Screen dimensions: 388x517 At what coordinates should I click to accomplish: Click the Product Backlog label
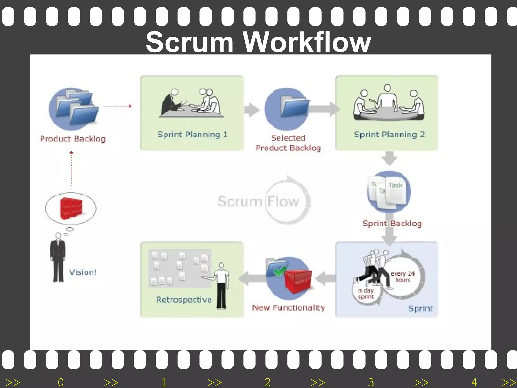coord(73,139)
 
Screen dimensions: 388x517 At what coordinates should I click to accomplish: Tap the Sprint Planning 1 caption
coord(192,134)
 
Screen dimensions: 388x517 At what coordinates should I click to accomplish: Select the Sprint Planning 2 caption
coord(389,134)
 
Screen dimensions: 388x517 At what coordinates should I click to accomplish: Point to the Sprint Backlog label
coord(392,223)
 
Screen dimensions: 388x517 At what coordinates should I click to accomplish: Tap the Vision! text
coord(83,272)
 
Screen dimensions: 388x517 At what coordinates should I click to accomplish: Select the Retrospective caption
coord(184,300)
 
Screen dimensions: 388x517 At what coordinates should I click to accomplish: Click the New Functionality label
coord(288,307)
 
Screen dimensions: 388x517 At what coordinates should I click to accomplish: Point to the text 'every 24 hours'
coord(403,277)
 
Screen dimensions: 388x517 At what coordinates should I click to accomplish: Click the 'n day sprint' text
coord(366,294)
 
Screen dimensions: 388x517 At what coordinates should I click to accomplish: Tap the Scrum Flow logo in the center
coord(264,201)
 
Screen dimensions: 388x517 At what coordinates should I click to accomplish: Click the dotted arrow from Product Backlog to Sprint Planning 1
coord(117,106)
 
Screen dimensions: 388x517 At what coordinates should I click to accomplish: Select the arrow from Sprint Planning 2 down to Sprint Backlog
coord(389,159)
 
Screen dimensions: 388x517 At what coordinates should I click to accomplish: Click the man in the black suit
coord(58,258)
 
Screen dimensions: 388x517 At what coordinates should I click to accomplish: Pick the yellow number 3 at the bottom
coord(371,382)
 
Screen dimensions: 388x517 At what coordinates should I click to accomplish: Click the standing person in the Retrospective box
coord(221,285)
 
